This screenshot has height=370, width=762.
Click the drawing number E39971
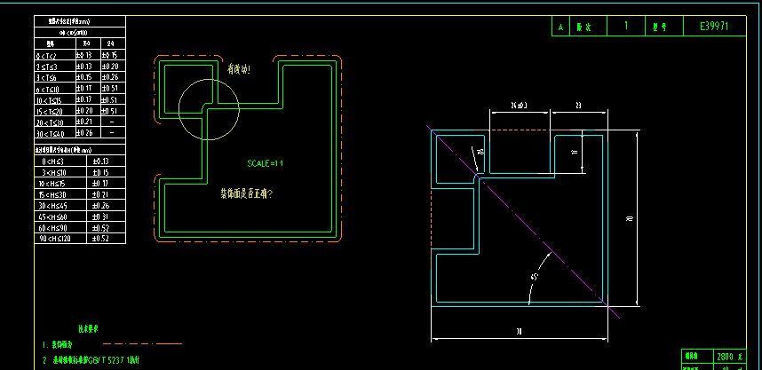(x=714, y=27)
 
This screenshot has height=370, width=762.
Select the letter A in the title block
(x=560, y=28)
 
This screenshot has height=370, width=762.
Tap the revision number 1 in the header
(x=626, y=27)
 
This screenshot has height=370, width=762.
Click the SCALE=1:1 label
(x=265, y=163)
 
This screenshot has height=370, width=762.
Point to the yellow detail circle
(x=209, y=109)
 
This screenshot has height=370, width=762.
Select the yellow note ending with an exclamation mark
(x=239, y=68)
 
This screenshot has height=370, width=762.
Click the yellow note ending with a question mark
(x=246, y=193)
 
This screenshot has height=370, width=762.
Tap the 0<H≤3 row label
(x=53, y=161)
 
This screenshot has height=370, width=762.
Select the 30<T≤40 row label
(x=51, y=133)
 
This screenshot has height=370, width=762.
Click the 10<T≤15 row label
(x=51, y=100)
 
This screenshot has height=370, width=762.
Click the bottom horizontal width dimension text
(x=520, y=332)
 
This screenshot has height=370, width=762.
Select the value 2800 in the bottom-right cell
(x=724, y=356)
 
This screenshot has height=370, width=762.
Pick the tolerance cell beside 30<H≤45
(x=101, y=206)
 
